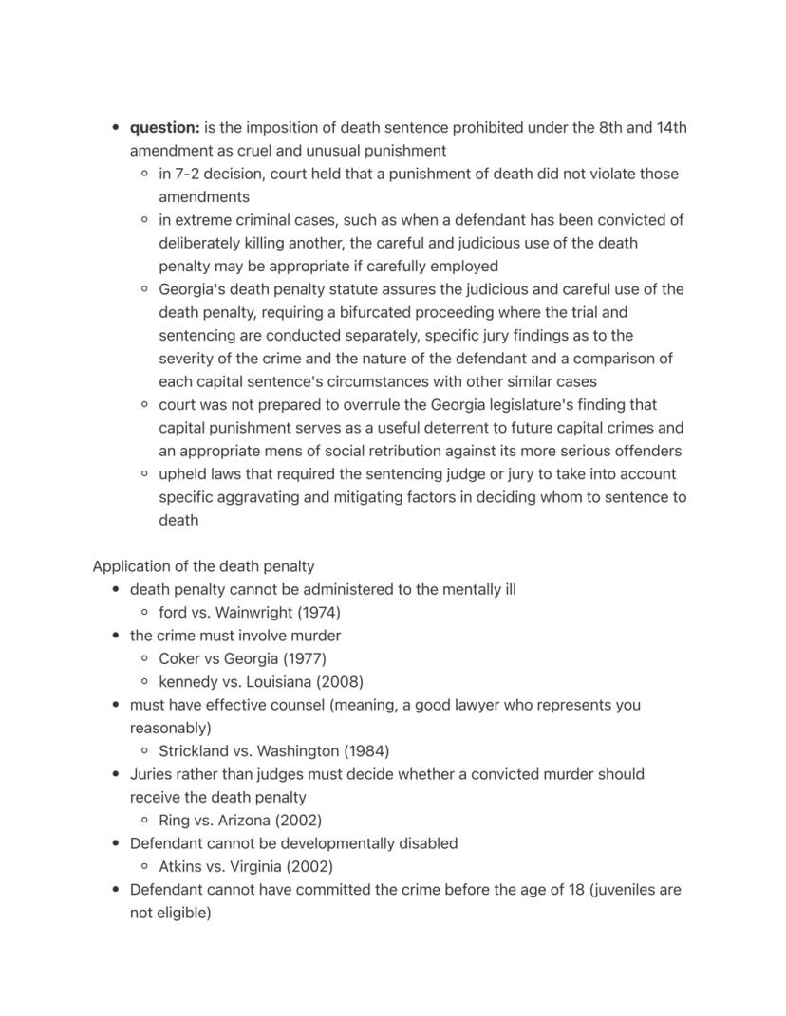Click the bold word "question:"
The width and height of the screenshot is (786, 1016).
[164, 128]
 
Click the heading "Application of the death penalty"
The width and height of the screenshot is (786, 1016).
[203, 566]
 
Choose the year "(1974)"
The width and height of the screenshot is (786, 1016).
[319, 612]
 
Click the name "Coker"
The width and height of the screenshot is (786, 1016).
[179, 658]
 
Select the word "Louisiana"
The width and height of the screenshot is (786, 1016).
[274, 681]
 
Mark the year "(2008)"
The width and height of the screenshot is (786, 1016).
[340, 681]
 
